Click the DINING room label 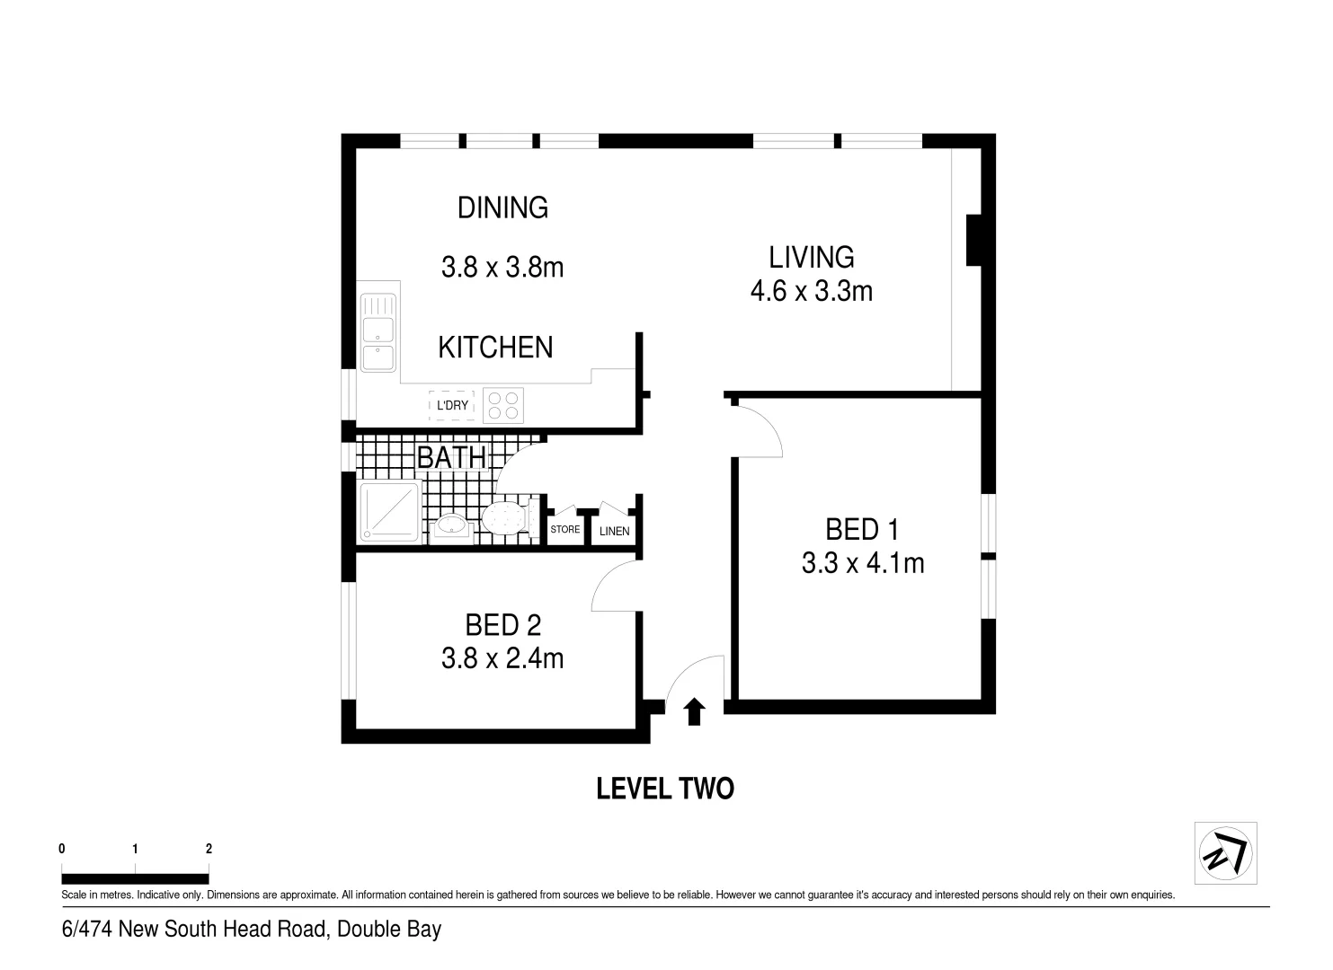502,207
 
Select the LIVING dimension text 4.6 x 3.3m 811,291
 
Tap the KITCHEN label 495,348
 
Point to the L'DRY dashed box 451,406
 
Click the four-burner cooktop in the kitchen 503,405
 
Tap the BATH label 451,457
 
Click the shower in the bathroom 390,511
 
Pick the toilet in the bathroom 509,518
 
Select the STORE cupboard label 564,530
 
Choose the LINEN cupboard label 614,531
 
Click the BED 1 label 861,530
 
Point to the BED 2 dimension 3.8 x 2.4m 502,659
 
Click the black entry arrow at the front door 694,712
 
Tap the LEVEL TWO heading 665,789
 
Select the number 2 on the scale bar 209,849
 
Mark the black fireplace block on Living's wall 973,240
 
